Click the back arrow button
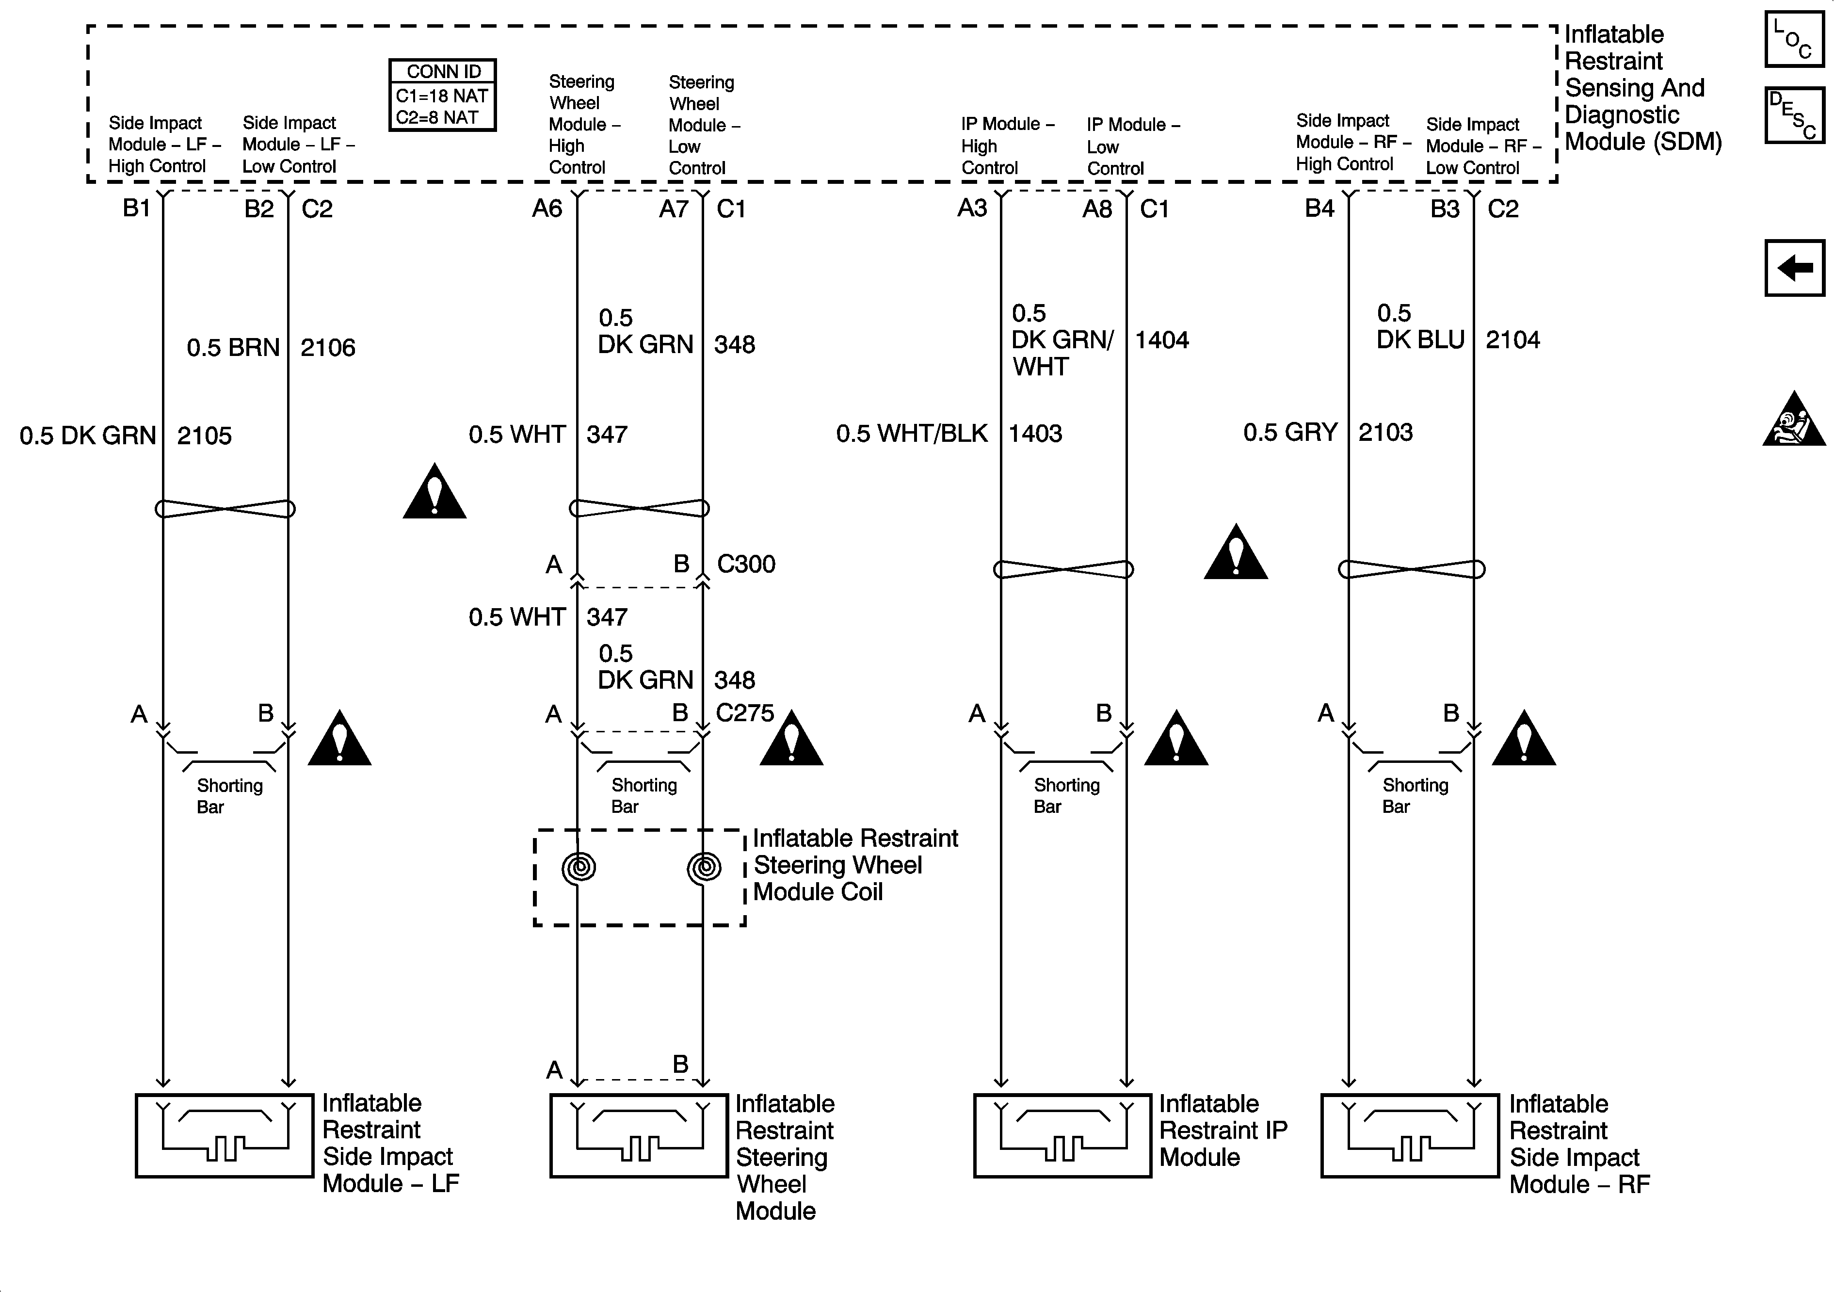(x=1794, y=268)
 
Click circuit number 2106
(x=327, y=348)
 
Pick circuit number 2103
(x=1385, y=432)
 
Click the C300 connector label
(x=746, y=564)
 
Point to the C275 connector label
(x=744, y=713)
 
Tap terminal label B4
(x=1319, y=209)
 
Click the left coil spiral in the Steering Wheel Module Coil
(x=579, y=867)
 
